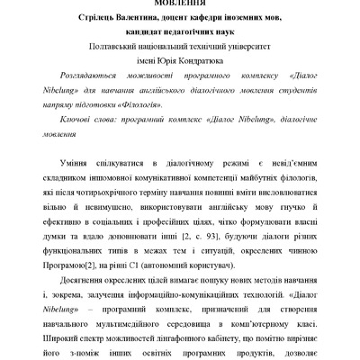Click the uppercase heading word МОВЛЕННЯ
[x=179, y=4]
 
